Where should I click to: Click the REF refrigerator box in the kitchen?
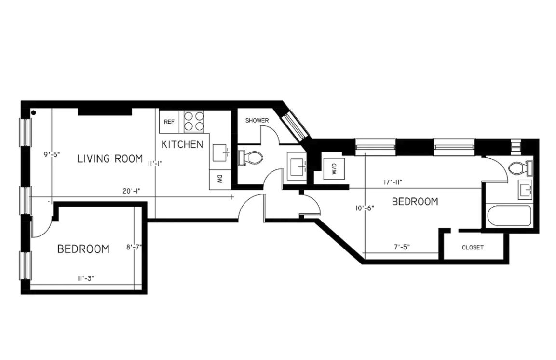(169, 122)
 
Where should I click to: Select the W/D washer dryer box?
(333, 169)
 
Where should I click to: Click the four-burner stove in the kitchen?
(194, 121)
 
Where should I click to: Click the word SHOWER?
(257, 120)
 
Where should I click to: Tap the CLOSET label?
(472, 248)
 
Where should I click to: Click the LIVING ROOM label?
(110, 158)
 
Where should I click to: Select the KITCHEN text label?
(182, 144)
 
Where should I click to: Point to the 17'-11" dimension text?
(393, 182)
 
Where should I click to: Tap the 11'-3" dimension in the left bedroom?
(85, 278)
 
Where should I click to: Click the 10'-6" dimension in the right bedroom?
(364, 208)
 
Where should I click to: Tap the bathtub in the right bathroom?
(509, 216)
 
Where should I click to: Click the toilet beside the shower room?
(251, 157)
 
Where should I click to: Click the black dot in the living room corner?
(34, 113)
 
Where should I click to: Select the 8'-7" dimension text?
(134, 248)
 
